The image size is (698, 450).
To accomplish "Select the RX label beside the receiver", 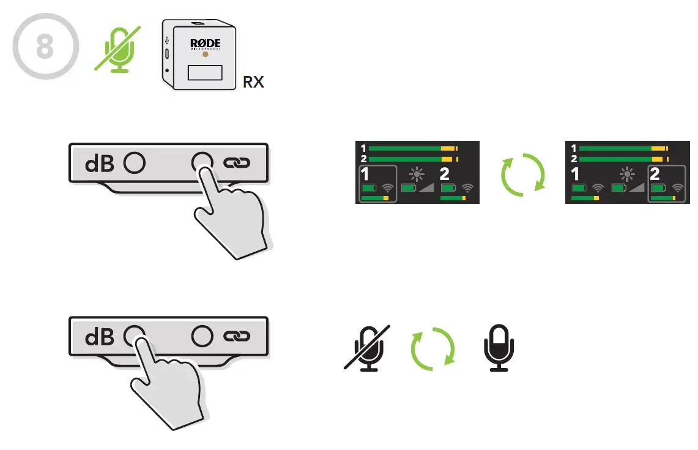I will pyautogui.click(x=253, y=81).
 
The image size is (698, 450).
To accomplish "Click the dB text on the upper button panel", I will pyautogui.click(x=100, y=163).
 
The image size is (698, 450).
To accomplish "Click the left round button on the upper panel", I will pyautogui.click(x=134, y=162).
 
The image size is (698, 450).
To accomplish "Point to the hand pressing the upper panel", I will pyautogui.click(x=229, y=214).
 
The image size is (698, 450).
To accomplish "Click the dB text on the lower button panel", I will pyautogui.click(x=100, y=336).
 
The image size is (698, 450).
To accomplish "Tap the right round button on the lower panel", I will pyautogui.click(x=202, y=336).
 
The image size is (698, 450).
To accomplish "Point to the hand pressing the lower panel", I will pyautogui.click(x=165, y=386).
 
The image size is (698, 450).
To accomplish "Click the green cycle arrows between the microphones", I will pyautogui.click(x=433, y=347).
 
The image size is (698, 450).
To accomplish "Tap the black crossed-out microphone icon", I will pyautogui.click(x=367, y=347).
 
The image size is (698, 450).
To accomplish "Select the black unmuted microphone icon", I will pyautogui.click(x=499, y=347).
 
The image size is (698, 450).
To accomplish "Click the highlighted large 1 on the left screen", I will pyautogui.click(x=366, y=174).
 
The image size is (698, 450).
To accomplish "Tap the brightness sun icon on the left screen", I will pyautogui.click(x=417, y=174).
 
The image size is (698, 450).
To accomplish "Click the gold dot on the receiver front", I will pyautogui.click(x=205, y=54).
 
